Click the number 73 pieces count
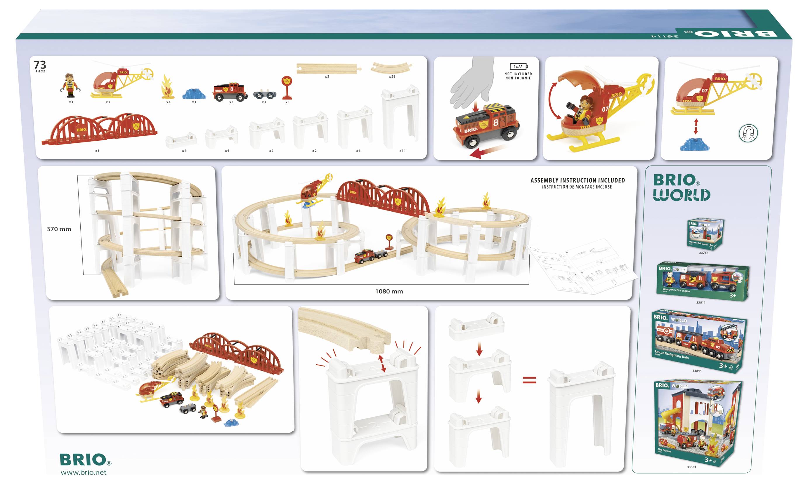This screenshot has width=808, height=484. pos(40,65)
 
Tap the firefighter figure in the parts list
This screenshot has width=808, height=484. pos(70,86)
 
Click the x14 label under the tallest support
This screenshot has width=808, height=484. pos(402,151)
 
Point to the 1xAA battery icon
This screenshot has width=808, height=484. pos(519,67)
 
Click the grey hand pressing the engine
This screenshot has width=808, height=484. pos(473,81)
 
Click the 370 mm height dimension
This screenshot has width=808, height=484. pos(59,229)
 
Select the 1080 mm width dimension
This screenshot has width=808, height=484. pos(389,292)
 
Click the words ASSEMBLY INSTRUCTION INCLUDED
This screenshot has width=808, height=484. pos(578,180)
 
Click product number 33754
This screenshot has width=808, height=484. pos(704,253)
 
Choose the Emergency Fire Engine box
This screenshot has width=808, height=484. pos(702,281)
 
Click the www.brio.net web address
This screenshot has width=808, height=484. pos(84,473)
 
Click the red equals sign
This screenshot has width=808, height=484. pos(529,380)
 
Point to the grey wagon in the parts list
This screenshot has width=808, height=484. pos(264,95)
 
